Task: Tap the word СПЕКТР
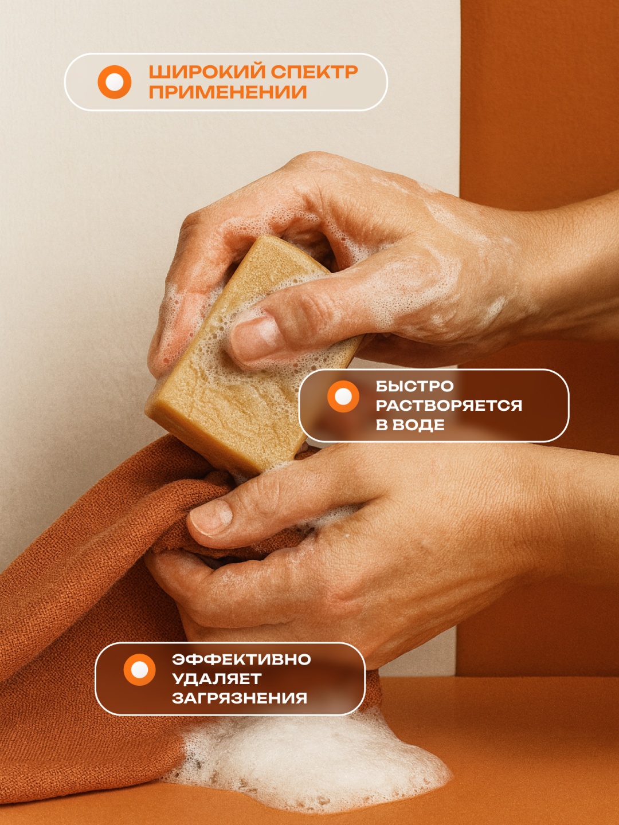pos(314,72)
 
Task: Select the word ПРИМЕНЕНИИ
pos(228,92)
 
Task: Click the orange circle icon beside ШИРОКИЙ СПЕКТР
pos(114,82)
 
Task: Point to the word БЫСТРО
pos(414,386)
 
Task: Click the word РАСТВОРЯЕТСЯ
pos(449,406)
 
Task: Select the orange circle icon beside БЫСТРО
pos(343,396)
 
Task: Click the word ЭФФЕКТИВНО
pos(241,659)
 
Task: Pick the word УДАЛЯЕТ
pos(217,679)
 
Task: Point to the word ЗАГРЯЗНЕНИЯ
pos(240,698)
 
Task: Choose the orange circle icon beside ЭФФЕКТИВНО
pos(139,670)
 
